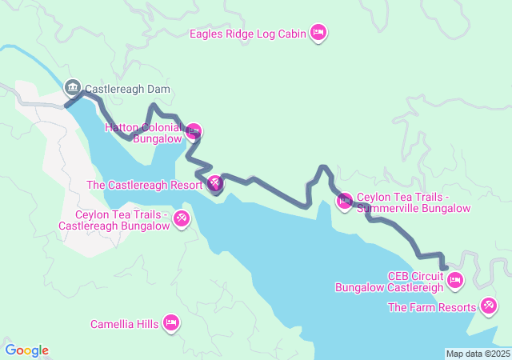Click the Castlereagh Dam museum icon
pos(72,86)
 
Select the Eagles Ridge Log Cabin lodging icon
pos(318,33)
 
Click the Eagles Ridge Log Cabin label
pos(248,34)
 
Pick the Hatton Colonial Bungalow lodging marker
pos(193,131)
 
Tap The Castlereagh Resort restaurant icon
pos(215,185)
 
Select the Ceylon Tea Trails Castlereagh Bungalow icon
pos(182,218)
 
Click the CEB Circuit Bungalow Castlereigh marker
pos(454,280)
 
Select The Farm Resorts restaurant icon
pos(488,306)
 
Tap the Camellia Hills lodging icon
pos(170,322)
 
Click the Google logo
pos(26,350)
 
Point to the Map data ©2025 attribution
pos(477,354)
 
